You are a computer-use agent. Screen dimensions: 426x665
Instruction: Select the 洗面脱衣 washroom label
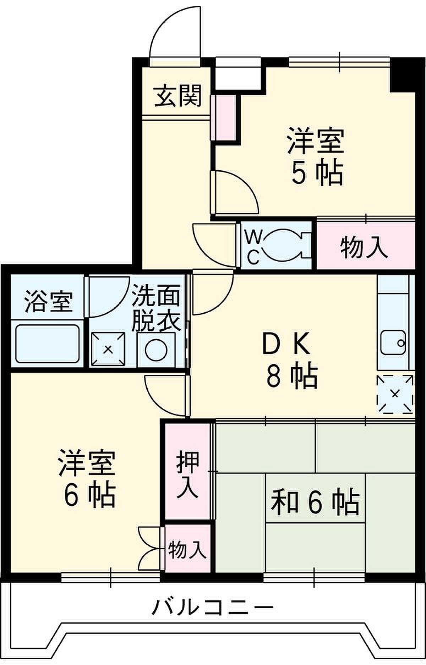coord(156,308)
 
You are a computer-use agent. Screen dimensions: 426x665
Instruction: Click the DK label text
coord(286,344)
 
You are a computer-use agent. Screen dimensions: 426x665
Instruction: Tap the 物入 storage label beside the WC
coord(364,247)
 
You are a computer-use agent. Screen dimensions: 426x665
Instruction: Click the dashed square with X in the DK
coord(395,394)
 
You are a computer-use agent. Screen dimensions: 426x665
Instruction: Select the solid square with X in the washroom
coord(108,349)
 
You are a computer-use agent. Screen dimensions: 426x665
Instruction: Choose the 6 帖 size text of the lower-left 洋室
coord(89,495)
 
